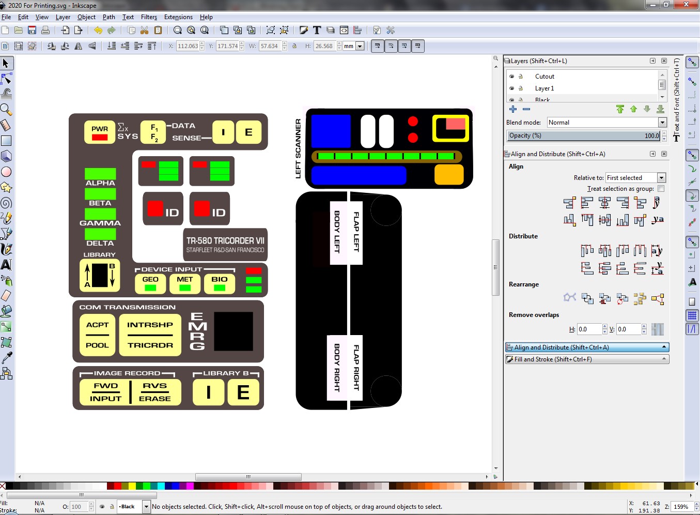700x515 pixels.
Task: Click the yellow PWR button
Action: coord(100,132)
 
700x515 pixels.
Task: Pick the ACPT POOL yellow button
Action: coord(97,335)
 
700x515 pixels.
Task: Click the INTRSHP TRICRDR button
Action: coord(150,335)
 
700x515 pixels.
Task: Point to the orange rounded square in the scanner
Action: coord(449,175)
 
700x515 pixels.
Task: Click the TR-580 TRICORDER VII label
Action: coord(225,245)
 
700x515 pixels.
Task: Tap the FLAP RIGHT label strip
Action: coord(356,368)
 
